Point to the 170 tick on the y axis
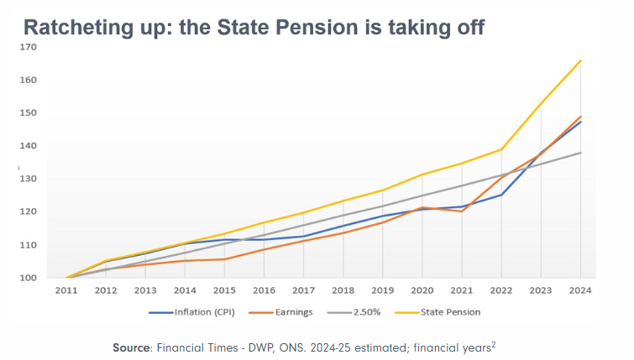[x=29, y=47]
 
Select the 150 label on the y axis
[x=29, y=112]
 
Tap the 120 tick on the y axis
[x=29, y=211]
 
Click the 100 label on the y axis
[x=29, y=278]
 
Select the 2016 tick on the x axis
[x=265, y=290]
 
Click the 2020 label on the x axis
[x=422, y=290]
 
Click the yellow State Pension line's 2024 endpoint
[x=580, y=60]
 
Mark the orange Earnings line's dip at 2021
[x=462, y=211]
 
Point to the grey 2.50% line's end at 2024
[x=580, y=153]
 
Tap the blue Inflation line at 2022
[x=501, y=195]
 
